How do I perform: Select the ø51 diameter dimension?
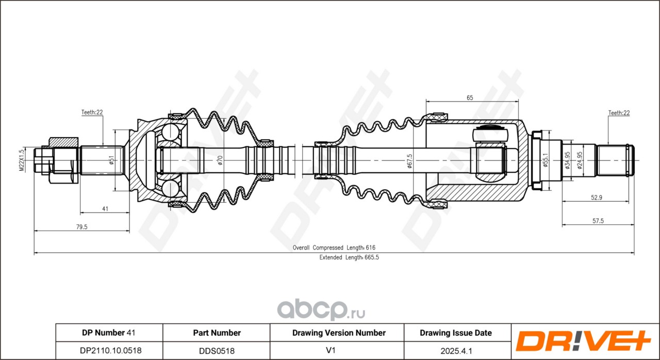pos(111,160)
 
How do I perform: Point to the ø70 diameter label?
pos(220,160)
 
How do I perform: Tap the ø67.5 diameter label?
pos(409,160)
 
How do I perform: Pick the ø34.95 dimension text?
pos(567,160)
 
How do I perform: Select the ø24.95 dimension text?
pos(580,160)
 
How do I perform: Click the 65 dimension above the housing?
pos(470,97)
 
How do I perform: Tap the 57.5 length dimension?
pos(598,221)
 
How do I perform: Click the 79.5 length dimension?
pos(81,226)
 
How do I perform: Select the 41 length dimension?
pos(105,208)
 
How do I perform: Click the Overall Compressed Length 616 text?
pos(334,248)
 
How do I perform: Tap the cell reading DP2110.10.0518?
pos(109,350)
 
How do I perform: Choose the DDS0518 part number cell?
pos(217,350)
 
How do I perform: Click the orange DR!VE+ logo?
pos(585,341)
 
